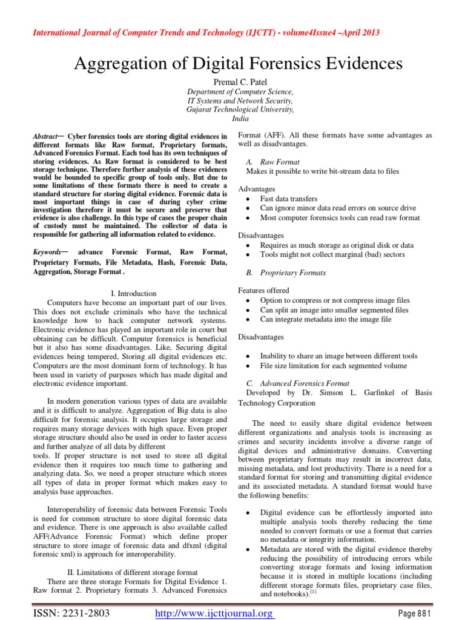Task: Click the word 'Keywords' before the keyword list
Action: pyautogui.click(x=47, y=251)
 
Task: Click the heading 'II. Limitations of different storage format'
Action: pyautogui.click(x=130, y=572)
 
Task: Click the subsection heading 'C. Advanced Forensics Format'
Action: pyautogui.click(x=297, y=383)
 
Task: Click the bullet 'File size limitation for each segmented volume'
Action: pyautogui.click(x=333, y=366)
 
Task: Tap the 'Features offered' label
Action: pyautogui.click(x=264, y=291)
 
